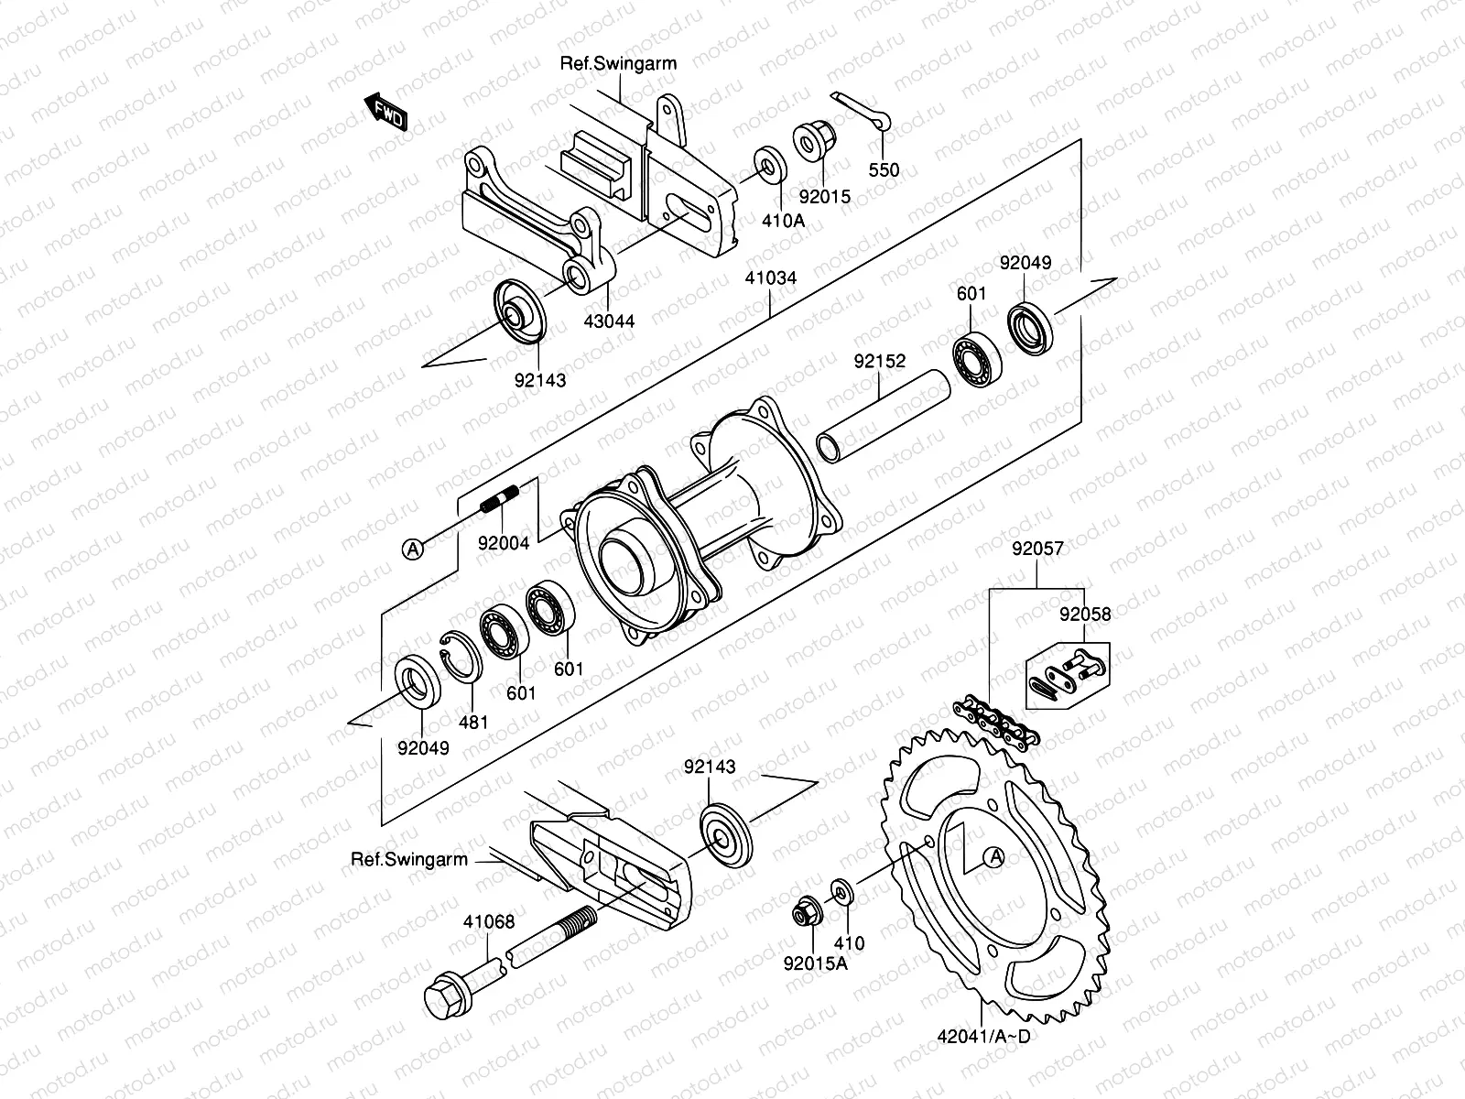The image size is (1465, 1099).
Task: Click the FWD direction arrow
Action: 385,112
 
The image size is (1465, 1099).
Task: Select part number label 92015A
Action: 815,963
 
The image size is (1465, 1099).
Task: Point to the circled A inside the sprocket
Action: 995,857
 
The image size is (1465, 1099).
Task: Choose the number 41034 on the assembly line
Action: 772,277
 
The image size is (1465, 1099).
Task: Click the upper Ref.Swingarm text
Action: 619,63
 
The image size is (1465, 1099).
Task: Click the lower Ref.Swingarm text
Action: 409,860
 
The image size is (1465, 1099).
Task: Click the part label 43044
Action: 611,321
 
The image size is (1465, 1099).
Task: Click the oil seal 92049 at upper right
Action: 1031,327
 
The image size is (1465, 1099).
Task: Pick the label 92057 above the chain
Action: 1037,549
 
